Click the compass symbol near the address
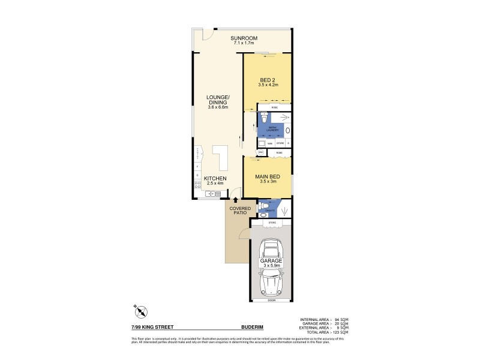[x=142, y=312]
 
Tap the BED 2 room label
[x=268, y=80]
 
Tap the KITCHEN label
[x=214, y=179]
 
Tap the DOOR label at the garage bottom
[x=271, y=299]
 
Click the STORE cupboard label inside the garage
[x=271, y=222]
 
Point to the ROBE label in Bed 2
[x=274, y=107]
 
